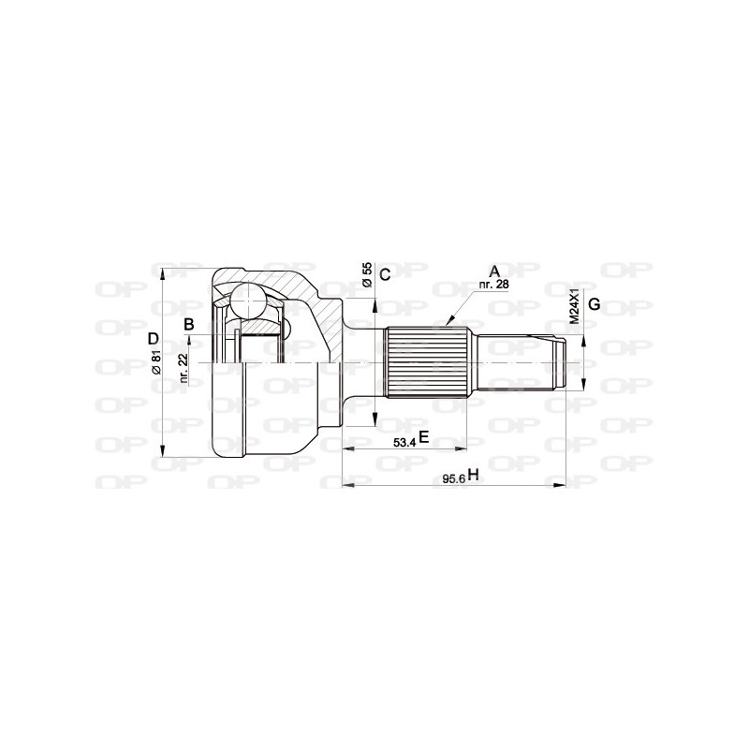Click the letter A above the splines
coord(493,271)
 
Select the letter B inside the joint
coord(189,325)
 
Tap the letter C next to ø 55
coord(385,272)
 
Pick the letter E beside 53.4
coord(423,437)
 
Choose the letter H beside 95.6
coord(473,476)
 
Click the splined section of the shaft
coord(427,361)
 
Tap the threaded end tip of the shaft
coord(560,363)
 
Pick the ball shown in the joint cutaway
coord(249,301)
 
